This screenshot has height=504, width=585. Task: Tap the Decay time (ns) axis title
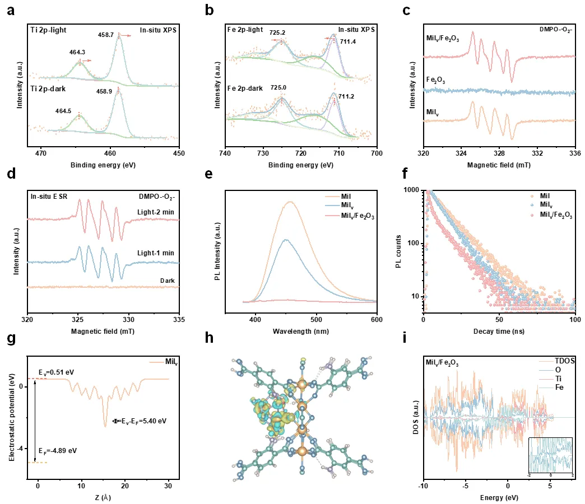(x=499, y=331)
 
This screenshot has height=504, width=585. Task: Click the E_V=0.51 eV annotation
(x=40, y=371)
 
